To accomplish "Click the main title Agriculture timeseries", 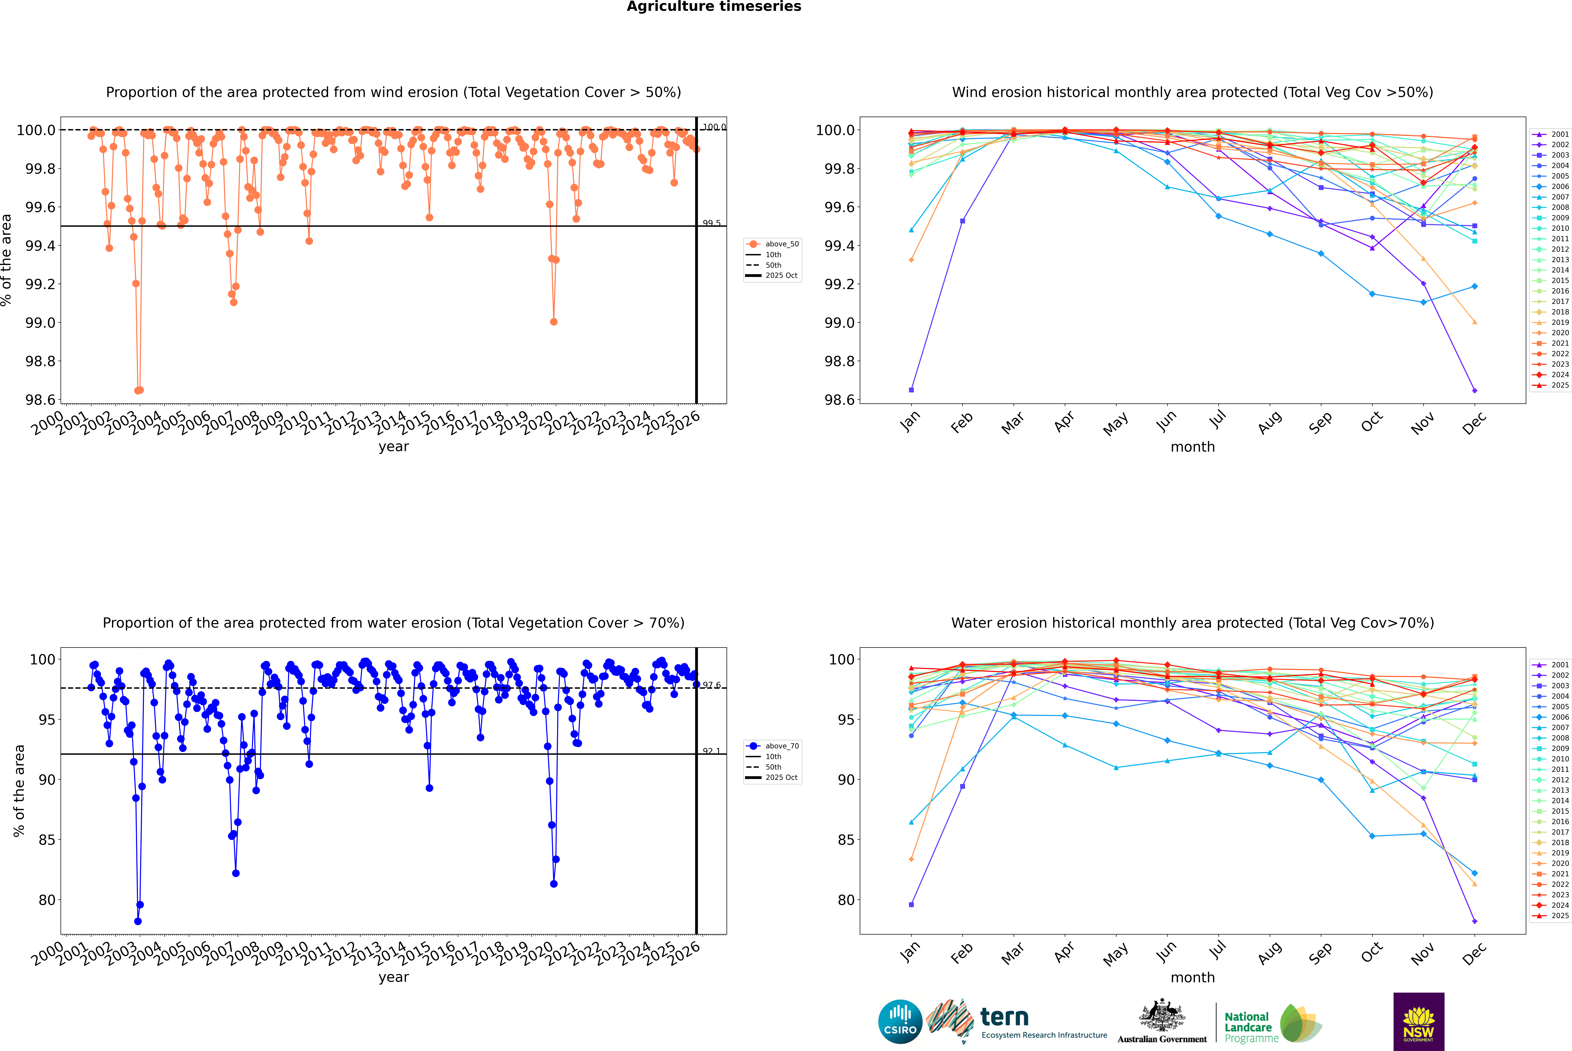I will coord(714,7).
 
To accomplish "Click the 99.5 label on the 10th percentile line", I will coord(712,223).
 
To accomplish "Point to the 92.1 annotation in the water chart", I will coord(712,751).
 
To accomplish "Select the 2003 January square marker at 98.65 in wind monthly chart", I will coord(911,389).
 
